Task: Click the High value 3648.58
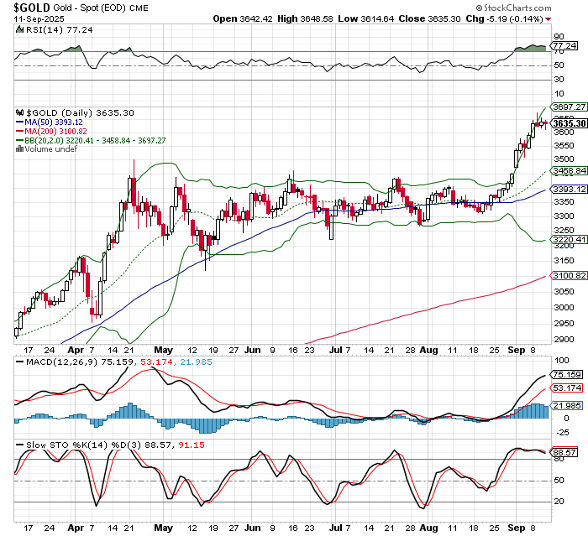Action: point(349,18)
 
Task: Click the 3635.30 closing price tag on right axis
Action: point(569,124)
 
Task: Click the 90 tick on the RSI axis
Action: point(557,37)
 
